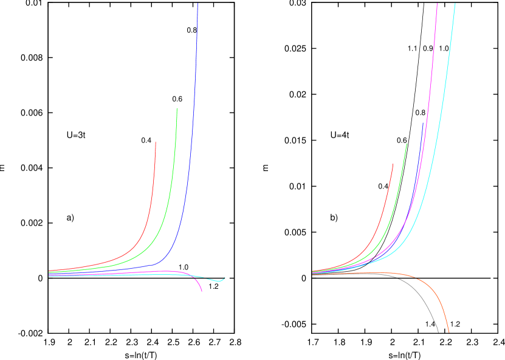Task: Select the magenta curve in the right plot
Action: pyautogui.click(x=429, y=91)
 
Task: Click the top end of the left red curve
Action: pyautogui.click(x=156, y=142)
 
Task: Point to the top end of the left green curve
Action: pyautogui.click(x=177, y=109)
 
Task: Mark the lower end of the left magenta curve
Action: pyautogui.click(x=202, y=291)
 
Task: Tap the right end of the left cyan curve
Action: pyautogui.click(x=225, y=277)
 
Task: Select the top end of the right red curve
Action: pyautogui.click(x=393, y=164)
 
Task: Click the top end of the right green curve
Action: pyautogui.click(x=407, y=144)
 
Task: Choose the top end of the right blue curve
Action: pyautogui.click(x=423, y=123)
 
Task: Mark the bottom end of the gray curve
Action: pyautogui.click(x=438, y=332)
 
